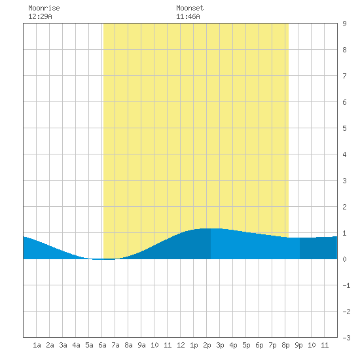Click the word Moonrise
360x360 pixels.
point(44,8)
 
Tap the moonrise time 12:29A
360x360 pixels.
point(40,16)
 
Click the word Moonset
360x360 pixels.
point(190,8)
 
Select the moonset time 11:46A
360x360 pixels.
point(188,16)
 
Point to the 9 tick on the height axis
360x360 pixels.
point(344,24)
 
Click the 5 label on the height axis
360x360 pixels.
point(344,128)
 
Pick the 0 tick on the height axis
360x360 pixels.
point(344,259)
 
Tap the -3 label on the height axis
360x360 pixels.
point(346,338)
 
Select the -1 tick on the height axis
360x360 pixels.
point(346,285)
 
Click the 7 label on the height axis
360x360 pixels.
point(344,76)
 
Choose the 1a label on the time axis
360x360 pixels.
point(37,345)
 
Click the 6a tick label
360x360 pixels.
point(102,345)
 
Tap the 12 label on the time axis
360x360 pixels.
point(181,345)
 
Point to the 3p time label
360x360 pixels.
point(220,345)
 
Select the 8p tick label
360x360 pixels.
point(285,345)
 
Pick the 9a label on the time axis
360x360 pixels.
point(141,345)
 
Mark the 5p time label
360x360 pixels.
point(246,345)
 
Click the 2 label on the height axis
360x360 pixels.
point(344,207)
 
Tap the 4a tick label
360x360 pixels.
point(76,345)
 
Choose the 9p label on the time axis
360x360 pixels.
point(298,345)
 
